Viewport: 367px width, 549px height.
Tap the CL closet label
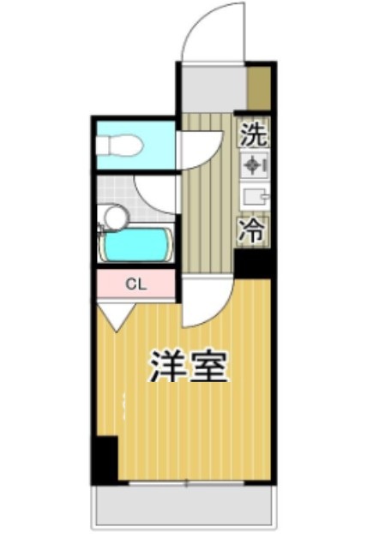click(135, 284)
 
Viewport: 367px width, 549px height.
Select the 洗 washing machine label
click(253, 134)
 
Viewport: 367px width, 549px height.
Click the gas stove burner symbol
click(254, 165)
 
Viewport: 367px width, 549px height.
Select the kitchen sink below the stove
click(254, 198)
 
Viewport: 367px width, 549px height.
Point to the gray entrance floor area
click(213, 88)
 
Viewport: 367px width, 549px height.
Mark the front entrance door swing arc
click(206, 33)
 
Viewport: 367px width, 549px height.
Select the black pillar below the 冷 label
click(254, 262)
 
